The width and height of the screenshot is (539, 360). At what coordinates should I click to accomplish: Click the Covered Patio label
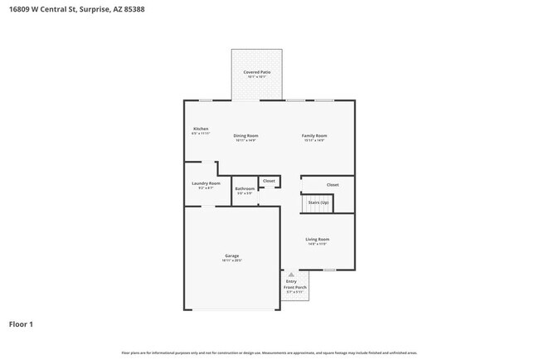[256, 72]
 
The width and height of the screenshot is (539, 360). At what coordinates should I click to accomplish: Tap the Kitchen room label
[201, 129]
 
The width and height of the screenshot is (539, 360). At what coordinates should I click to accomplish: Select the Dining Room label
[245, 135]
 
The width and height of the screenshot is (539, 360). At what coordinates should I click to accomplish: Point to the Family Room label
[314, 135]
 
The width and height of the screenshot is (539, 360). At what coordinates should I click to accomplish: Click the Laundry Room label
[206, 182]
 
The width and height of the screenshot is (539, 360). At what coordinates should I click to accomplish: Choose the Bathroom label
[245, 188]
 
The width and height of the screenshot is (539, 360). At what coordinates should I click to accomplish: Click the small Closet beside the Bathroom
[269, 180]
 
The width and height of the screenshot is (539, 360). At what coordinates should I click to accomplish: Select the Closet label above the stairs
[333, 184]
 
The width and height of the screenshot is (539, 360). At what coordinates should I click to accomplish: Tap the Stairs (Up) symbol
[318, 202]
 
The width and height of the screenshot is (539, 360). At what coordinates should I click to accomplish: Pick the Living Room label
[317, 239]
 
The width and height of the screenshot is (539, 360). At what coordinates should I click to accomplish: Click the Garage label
[231, 255]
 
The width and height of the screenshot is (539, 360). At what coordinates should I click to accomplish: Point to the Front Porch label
[294, 287]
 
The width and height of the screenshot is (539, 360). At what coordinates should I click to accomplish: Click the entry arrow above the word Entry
[290, 274]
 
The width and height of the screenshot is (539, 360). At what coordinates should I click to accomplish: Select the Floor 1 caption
[22, 324]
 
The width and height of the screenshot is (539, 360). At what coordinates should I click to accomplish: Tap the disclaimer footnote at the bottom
[269, 352]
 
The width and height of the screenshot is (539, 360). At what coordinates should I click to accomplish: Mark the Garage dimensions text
[231, 260]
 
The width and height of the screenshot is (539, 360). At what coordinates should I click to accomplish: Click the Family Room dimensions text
[314, 140]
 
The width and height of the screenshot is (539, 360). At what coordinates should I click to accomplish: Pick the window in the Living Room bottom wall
[329, 270]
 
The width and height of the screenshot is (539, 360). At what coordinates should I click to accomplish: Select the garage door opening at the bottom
[232, 310]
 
